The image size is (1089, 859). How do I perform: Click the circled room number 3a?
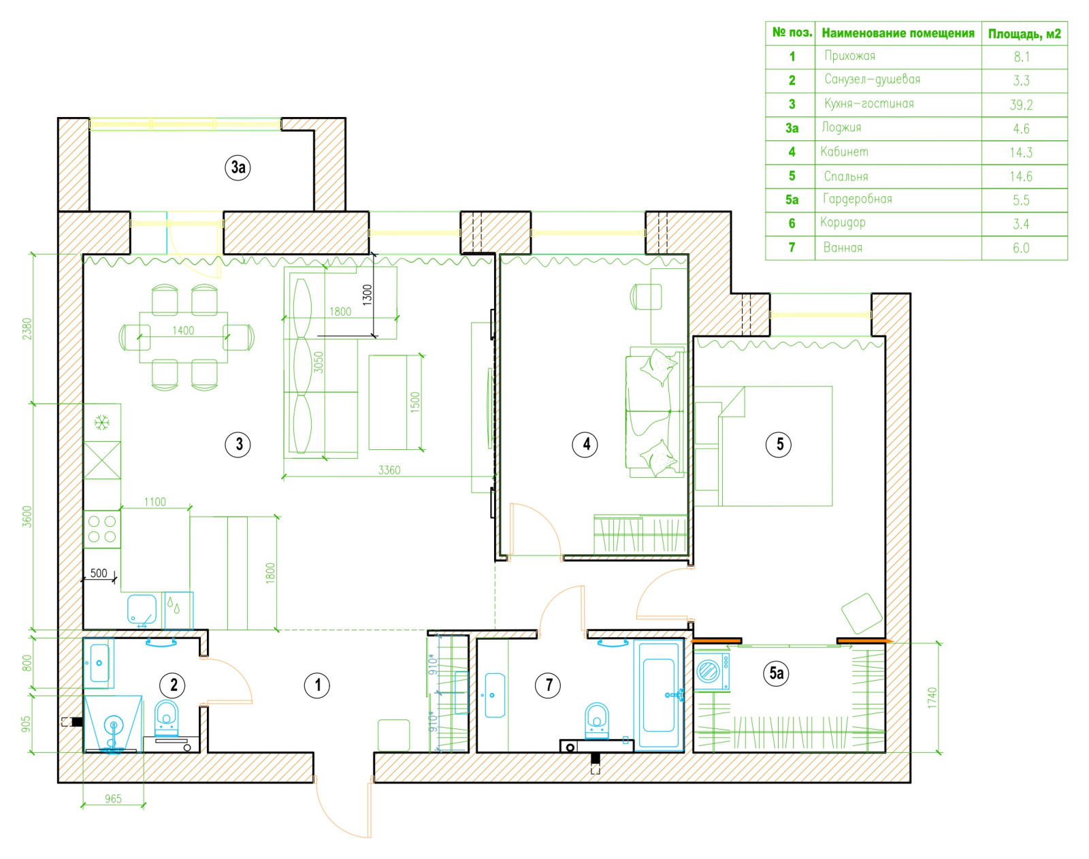click(x=238, y=167)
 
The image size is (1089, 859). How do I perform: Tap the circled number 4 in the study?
click(x=585, y=444)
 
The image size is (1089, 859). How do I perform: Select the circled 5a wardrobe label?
click(x=777, y=673)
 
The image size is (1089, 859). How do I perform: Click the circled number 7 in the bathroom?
click(x=548, y=685)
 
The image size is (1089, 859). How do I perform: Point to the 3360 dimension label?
click(x=389, y=470)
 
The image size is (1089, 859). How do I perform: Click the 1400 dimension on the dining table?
click(x=183, y=331)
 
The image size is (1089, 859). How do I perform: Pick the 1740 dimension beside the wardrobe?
click(x=932, y=698)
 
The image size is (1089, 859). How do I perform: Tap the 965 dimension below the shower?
click(x=114, y=798)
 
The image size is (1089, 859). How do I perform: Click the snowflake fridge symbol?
click(x=101, y=422)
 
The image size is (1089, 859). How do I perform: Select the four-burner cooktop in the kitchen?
click(x=102, y=529)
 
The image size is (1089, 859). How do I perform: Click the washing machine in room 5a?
click(x=711, y=671)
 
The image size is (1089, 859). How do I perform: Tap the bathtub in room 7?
click(x=658, y=694)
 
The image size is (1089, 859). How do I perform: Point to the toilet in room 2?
click(x=167, y=718)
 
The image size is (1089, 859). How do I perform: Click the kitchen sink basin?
click(x=142, y=609)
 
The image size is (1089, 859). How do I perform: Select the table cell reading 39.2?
click(x=1021, y=105)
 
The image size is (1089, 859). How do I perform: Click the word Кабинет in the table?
click(x=844, y=151)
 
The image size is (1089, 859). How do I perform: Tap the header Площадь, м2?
click(x=1024, y=34)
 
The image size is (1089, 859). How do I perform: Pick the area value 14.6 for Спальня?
click(x=1021, y=176)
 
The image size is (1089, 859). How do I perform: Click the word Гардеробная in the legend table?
click(x=857, y=199)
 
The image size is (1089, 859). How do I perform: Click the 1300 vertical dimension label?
click(x=368, y=295)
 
